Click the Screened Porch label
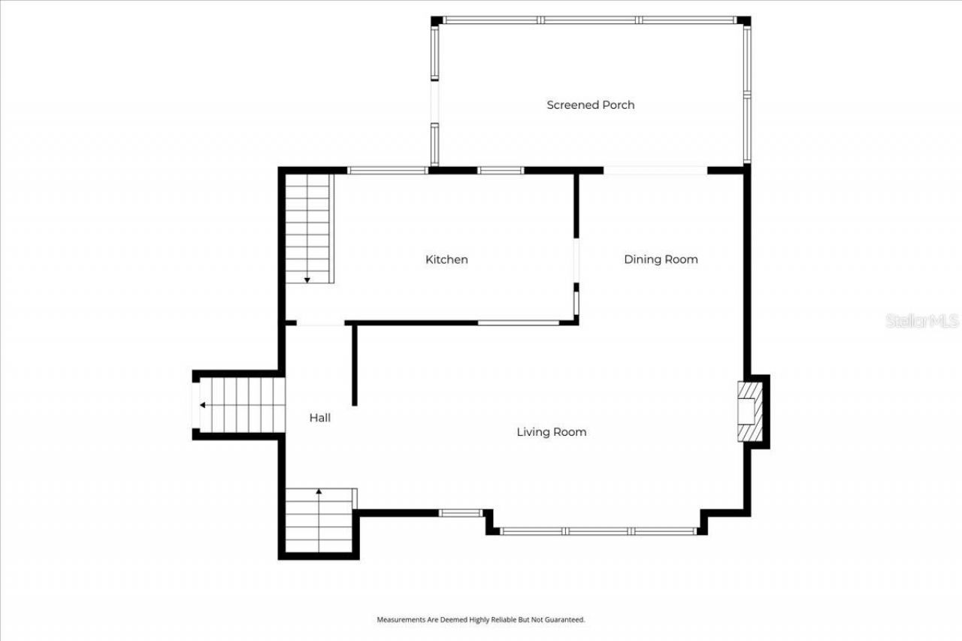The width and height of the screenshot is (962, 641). coord(590,105)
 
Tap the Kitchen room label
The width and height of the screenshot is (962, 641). coord(446,259)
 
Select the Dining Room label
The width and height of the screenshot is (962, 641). coord(661,259)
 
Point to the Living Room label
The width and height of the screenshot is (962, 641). coord(551,432)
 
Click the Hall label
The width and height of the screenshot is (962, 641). coord(319,418)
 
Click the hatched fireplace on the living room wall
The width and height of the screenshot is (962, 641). coord(749,412)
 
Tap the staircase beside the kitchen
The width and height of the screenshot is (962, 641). coord(307,228)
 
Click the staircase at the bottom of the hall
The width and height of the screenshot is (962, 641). coord(319,520)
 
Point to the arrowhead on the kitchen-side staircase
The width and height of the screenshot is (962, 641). coord(307,280)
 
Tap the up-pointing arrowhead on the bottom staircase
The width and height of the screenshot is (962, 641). coord(319,491)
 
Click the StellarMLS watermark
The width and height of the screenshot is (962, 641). coord(922,321)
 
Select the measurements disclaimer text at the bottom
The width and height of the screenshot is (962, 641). coord(480,620)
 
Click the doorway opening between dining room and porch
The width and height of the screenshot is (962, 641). coord(655,171)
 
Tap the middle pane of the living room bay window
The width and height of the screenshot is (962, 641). coord(599,531)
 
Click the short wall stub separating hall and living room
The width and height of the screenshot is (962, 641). coord(354,365)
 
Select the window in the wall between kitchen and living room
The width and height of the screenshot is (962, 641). coord(518,323)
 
